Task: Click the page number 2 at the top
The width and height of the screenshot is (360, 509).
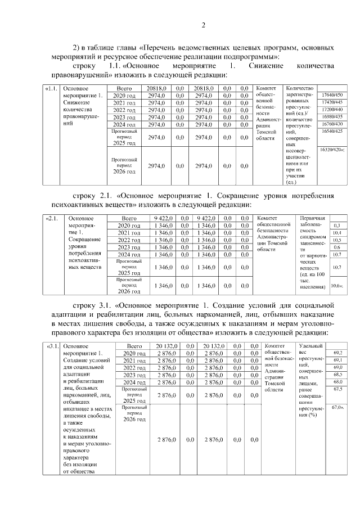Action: click(204, 24)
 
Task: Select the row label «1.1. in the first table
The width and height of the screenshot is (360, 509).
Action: click(51, 88)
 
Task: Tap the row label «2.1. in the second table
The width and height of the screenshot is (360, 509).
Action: click(51, 218)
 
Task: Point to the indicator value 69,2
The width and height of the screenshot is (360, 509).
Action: click(337, 352)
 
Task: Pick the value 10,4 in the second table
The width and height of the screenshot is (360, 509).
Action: click(337, 232)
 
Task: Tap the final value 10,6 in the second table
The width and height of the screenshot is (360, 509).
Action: click(336, 286)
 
